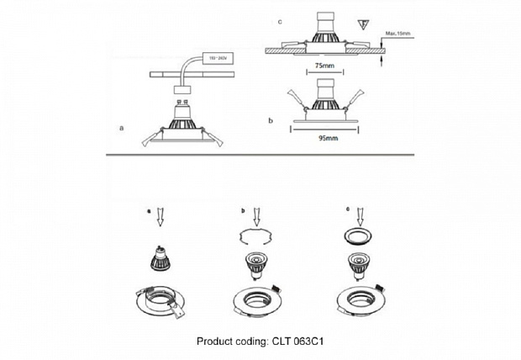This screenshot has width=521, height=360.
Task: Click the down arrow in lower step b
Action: click(x=255, y=216)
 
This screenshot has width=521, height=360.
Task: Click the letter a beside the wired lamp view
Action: click(x=123, y=129)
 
